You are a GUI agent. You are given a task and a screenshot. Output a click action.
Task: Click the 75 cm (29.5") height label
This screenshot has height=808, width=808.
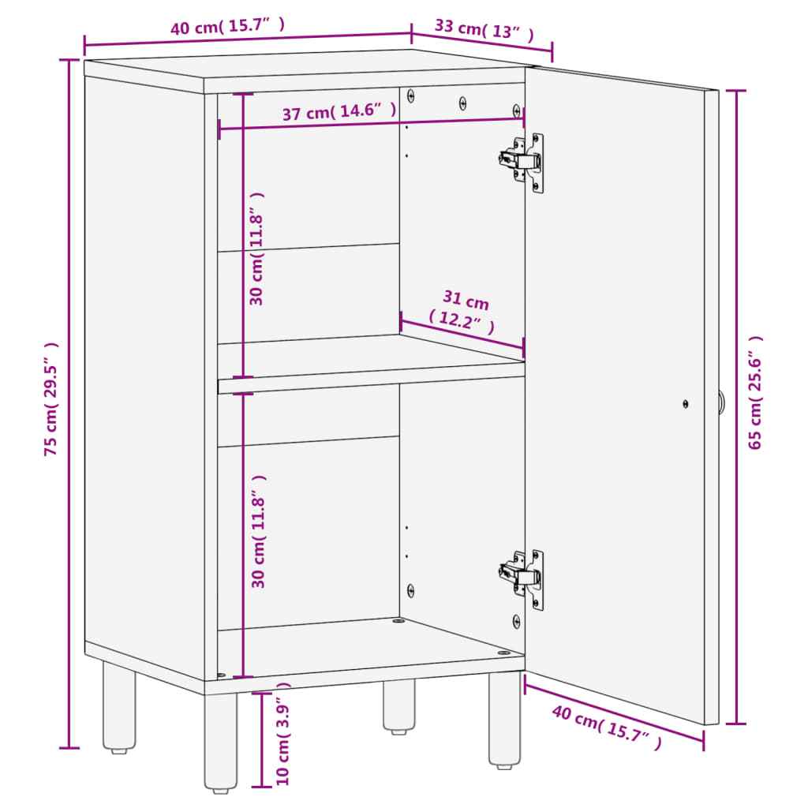tap(51, 400)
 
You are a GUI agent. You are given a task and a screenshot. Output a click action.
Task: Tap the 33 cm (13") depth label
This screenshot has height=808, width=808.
tap(484, 30)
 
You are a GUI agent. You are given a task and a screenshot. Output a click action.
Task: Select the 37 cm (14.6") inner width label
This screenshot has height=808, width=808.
tap(339, 112)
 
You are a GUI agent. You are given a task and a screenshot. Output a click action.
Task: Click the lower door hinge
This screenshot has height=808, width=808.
tap(523, 577)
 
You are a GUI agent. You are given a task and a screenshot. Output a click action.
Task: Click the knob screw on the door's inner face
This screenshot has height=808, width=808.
tap(685, 403)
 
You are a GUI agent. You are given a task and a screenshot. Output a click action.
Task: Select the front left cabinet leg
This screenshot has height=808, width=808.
tap(220, 742)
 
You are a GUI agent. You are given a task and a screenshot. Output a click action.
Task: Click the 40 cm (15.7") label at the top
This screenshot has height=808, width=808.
tap(227, 27)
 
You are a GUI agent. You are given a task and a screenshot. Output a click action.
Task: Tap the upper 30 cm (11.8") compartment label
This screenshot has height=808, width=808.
tap(256, 249)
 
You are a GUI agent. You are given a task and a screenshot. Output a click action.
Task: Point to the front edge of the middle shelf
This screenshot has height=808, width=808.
tap(371, 384)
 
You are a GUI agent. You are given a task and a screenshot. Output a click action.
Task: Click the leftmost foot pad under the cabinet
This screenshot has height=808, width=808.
tap(118, 750)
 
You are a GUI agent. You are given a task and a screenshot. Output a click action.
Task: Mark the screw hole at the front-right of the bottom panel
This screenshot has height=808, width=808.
tap(503, 653)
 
